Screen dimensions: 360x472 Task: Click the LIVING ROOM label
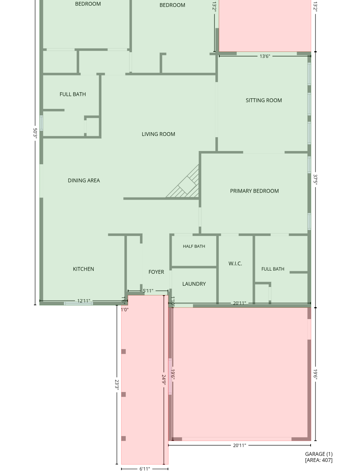[x=158, y=134]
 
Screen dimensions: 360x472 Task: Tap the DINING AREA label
[x=84, y=180]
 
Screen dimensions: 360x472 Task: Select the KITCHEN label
[x=83, y=269]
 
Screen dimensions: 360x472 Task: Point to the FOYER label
[x=156, y=272]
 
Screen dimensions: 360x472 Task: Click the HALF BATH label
[x=194, y=246]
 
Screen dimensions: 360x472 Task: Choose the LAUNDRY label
[x=194, y=284]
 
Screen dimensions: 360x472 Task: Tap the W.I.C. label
[x=235, y=263]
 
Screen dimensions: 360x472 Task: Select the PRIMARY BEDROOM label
[x=254, y=191]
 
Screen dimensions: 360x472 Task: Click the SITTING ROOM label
[x=264, y=100]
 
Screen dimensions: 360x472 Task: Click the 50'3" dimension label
[x=35, y=133]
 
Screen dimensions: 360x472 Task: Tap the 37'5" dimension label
[x=315, y=179]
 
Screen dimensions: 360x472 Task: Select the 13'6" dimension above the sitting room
[x=265, y=56]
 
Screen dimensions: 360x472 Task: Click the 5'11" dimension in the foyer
[x=148, y=291]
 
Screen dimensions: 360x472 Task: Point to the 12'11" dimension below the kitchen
[x=84, y=301]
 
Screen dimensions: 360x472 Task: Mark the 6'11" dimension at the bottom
[x=145, y=469]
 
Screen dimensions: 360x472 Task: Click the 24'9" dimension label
[x=164, y=380]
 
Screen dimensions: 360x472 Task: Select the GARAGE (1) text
[x=319, y=454]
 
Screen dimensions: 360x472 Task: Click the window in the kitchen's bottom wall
[x=78, y=303]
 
